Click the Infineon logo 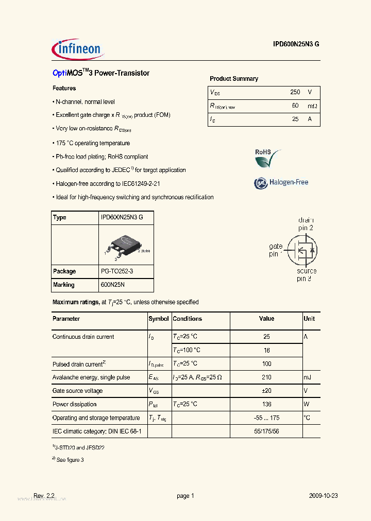[x=78, y=48]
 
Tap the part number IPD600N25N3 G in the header [x=296, y=44]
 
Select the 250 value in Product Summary [x=295, y=92]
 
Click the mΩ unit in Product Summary [x=312, y=106]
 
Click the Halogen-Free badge [x=281, y=182]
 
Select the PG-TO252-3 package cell [x=120, y=271]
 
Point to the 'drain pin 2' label [x=306, y=224]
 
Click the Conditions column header [x=188, y=319]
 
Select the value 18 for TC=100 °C [x=266, y=350]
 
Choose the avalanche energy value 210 [x=266, y=377]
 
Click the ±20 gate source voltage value [x=266, y=391]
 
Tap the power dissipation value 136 [x=266, y=404]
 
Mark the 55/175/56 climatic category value [x=266, y=431]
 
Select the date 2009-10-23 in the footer [x=323, y=496]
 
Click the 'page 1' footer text [x=185, y=496]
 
